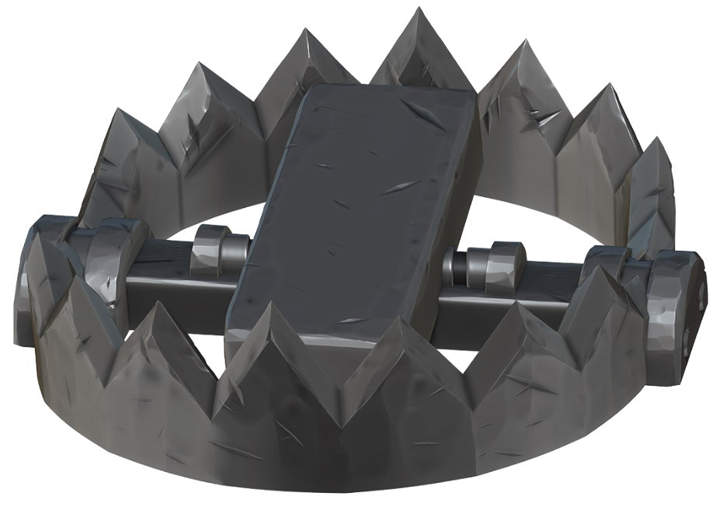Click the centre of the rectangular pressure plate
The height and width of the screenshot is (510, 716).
pyautogui.click(x=353, y=210)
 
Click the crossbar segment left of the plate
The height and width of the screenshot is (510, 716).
pyautogui.click(x=167, y=268)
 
